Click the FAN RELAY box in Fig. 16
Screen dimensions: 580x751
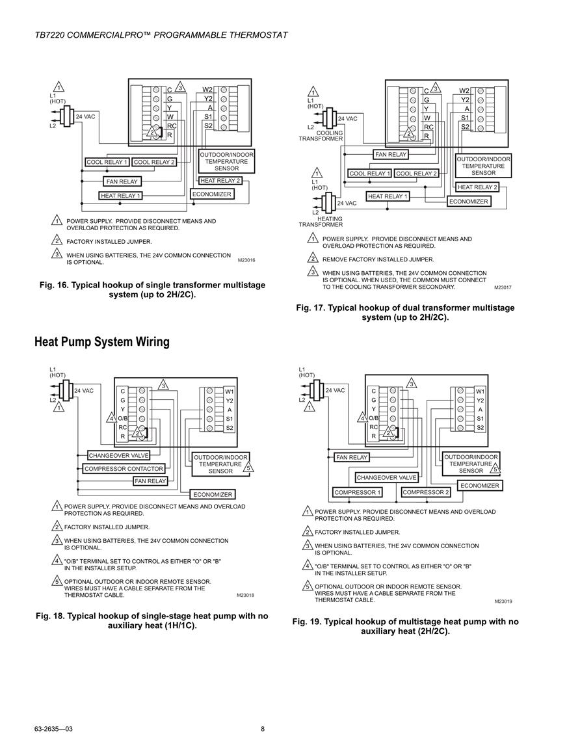click(x=122, y=181)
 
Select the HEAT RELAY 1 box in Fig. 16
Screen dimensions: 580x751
click(x=121, y=196)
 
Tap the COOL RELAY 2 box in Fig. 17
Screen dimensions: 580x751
click(x=416, y=174)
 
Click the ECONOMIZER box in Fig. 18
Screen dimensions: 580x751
click(x=213, y=494)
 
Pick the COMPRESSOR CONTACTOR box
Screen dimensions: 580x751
click(x=124, y=468)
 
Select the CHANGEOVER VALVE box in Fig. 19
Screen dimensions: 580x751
click(x=386, y=477)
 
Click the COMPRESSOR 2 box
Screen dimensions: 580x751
click(x=426, y=492)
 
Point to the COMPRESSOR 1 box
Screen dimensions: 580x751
click(x=358, y=492)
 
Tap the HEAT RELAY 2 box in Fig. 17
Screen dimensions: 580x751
click(x=477, y=187)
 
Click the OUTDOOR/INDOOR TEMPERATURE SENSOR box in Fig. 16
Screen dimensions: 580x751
click(x=226, y=161)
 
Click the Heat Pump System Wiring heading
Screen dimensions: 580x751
click(x=102, y=342)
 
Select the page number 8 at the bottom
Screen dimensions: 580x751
click(x=263, y=730)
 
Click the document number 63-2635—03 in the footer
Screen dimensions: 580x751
click(x=53, y=730)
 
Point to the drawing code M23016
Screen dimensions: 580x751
click(x=246, y=261)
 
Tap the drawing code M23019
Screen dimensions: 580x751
click(x=503, y=601)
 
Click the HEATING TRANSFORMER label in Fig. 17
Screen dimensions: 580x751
click(x=321, y=222)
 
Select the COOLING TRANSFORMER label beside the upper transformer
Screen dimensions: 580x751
click(x=321, y=135)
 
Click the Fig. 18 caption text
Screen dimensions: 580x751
click(x=152, y=621)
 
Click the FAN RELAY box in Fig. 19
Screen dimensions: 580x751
click(x=352, y=457)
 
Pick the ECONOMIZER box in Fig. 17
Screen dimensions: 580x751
click(x=468, y=202)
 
